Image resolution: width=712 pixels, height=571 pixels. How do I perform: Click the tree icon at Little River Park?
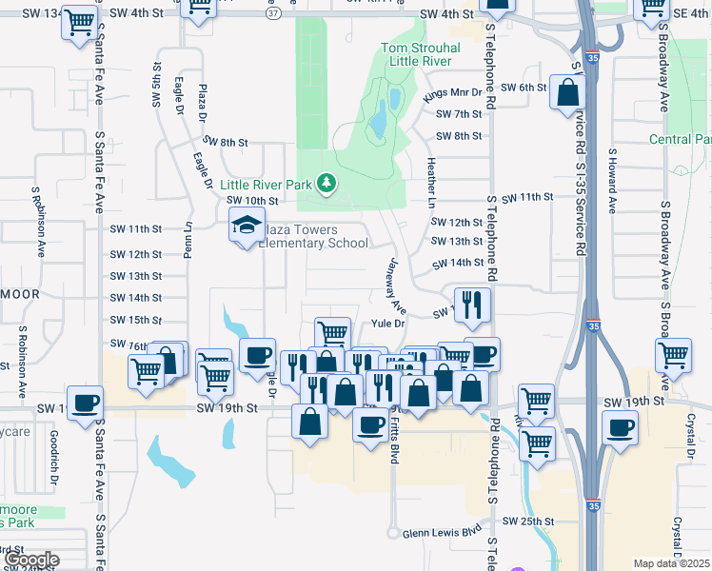coord(326,181)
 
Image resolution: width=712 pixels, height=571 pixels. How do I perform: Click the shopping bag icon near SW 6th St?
coord(567,94)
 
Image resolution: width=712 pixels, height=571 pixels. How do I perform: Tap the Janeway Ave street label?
coord(397,285)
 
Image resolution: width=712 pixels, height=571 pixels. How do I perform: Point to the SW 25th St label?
coord(527,522)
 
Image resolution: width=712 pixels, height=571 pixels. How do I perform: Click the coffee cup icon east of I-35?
coord(621,427)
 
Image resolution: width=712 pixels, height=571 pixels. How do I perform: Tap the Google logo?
coord(31,560)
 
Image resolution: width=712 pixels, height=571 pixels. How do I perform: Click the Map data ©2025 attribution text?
coord(672,563)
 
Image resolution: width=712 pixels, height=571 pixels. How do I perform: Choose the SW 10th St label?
coord(252,201)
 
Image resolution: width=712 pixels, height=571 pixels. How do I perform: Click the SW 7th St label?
coord(460,114)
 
